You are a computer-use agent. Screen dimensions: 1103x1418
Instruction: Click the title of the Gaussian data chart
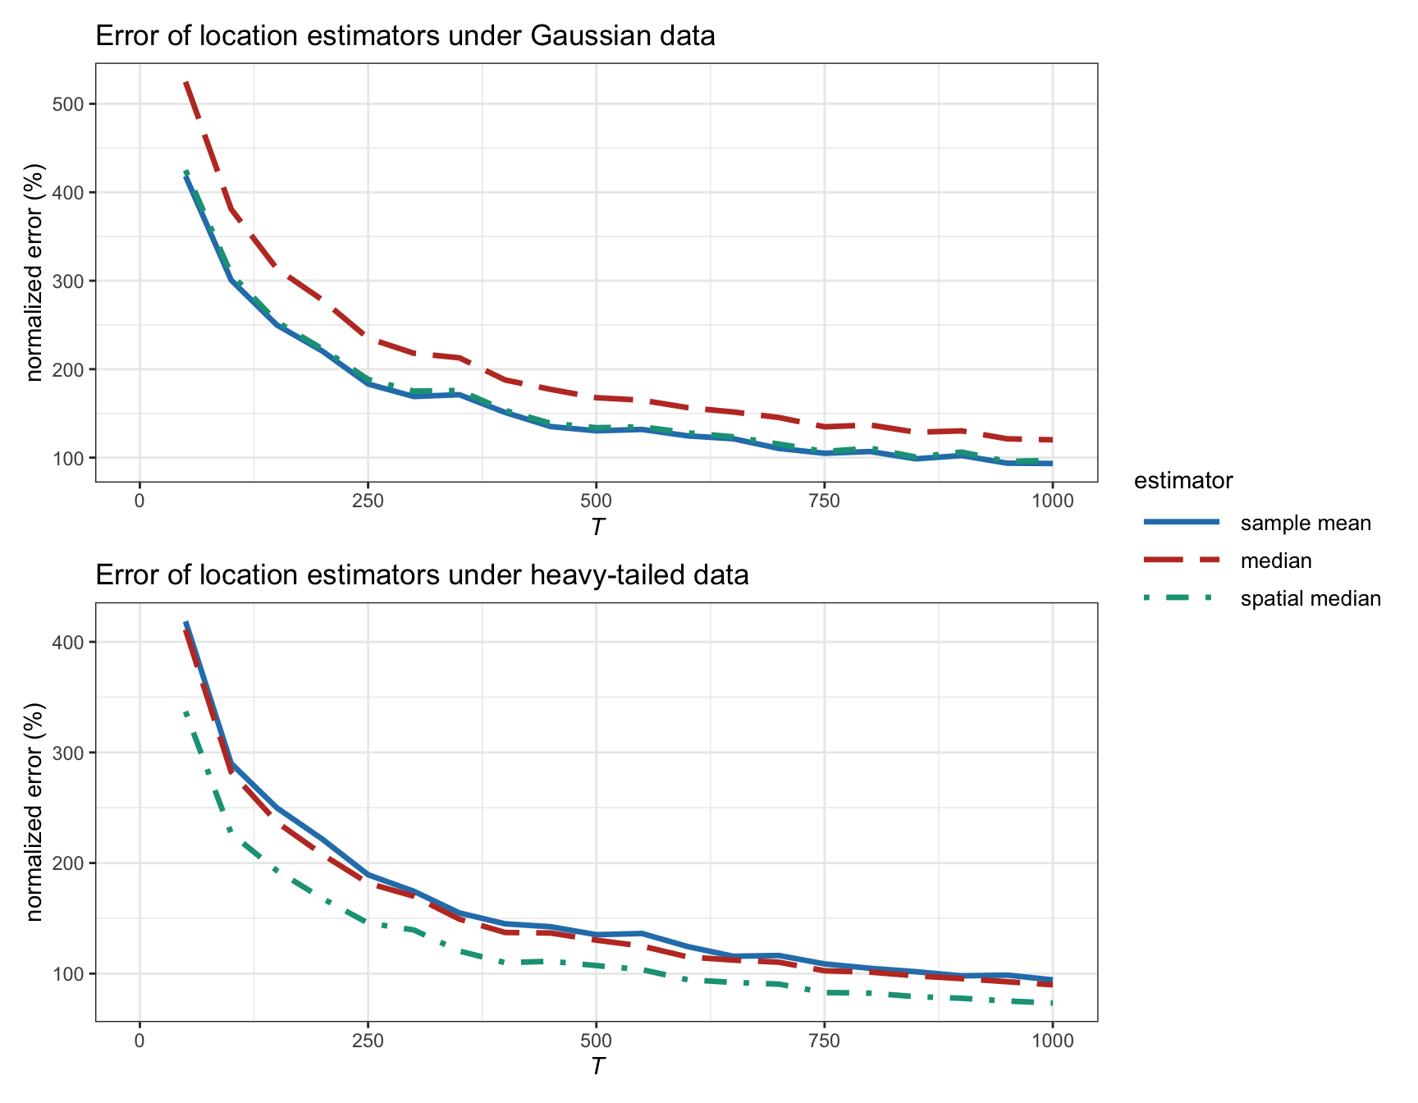pyautogui.click(x=405, y=36)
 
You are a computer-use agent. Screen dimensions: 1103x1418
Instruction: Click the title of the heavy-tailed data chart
pyautogui.click(x=422, y=575)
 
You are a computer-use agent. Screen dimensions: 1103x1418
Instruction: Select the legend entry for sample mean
pyautogui.click(x=1305, y=524)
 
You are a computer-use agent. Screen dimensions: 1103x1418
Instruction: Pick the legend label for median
pyautogui.click(x=1275, y=561)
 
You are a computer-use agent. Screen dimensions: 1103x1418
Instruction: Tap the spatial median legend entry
pyautogui.click(x=1310, y=599)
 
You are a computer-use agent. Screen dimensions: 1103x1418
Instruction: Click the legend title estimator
pyautogui.click(x=1182, y=481)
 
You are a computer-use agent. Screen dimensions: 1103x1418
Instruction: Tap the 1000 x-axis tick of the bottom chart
pyautogui.click(x=1052, y=1041)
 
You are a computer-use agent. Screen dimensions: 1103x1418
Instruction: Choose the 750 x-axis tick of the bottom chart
pyautogui.click(x=824, y=1041)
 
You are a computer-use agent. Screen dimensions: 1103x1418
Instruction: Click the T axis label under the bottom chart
pyautogui.click(x=597, y=1067)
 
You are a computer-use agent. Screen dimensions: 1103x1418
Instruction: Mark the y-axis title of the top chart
pyautogui.click(x=34, y=272)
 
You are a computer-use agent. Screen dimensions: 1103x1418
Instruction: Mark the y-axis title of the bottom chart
pyautogui.click(x=34, y=812)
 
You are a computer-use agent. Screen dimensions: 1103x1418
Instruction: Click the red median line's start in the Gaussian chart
pyautogui.click(x=186, y=83)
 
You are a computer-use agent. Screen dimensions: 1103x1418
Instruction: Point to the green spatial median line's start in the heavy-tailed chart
pyautogui.click(x=186, y=713)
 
